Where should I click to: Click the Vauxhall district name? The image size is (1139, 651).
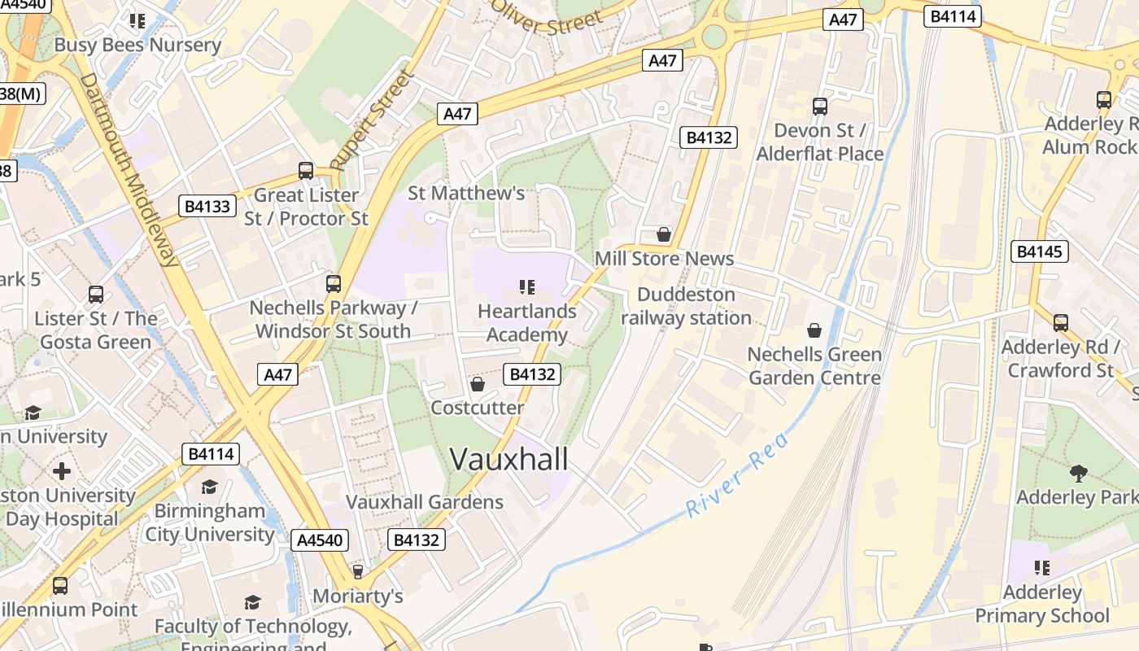(x=508, y=459)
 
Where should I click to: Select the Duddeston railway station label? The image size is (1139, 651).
(x=686, y=306)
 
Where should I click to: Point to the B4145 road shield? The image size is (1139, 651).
(x=1040, y=251)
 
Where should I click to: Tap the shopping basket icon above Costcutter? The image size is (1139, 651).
(x=478, y=384)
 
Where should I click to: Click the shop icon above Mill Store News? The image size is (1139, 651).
(x=664, y=235)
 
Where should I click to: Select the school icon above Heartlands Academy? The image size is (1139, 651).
(x=526, y=287)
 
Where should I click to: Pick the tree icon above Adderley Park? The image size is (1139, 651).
(x=1079, y=473)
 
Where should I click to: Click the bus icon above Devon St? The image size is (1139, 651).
(x=819, y=107)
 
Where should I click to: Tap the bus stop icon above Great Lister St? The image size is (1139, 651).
(x=306, y=171)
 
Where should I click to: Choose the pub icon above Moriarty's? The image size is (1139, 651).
(x=357, y=572)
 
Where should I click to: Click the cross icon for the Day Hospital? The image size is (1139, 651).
(x=61, y=471)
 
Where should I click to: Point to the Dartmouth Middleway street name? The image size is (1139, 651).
(x=130, y=170)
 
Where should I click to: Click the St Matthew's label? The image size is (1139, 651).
(x=466, y=193)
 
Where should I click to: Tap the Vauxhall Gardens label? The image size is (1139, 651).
(x=425, y=502)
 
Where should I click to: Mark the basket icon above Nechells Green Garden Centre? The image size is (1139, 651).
(x=814, y=330)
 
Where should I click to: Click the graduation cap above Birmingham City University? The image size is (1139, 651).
(x=209, y=487)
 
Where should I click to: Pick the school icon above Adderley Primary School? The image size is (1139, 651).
(x=1041, y=567)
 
